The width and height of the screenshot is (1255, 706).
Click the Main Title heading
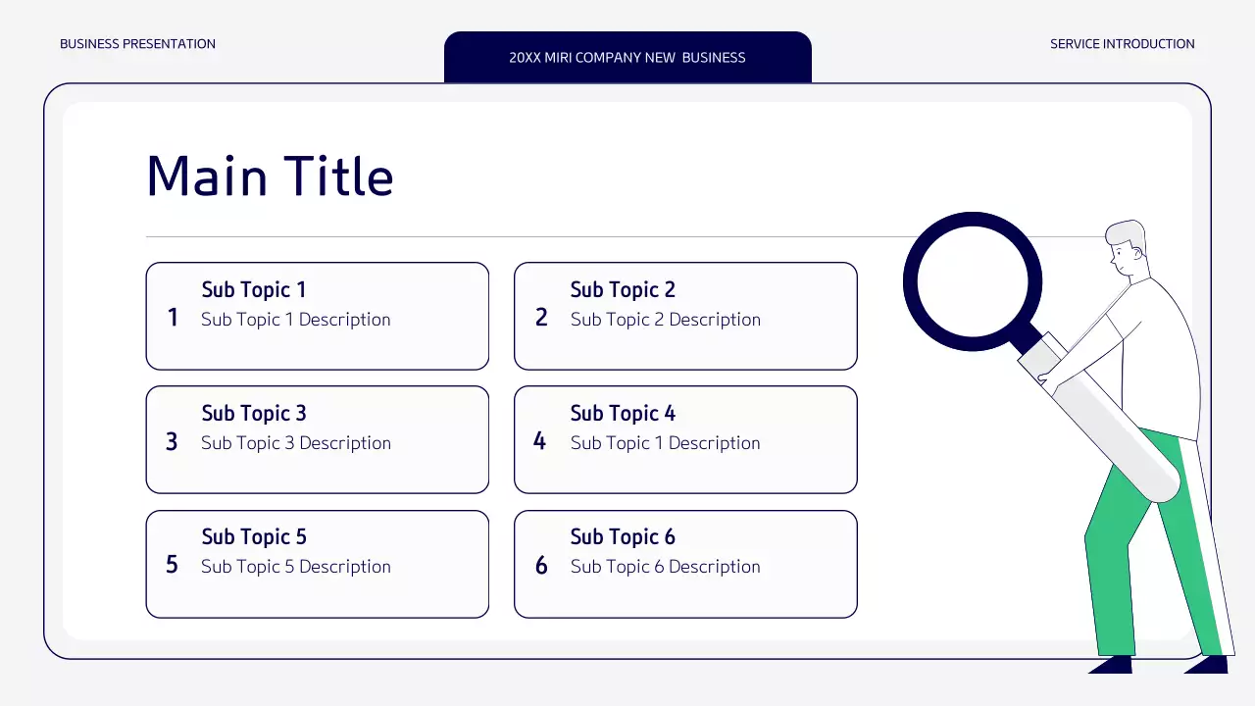click(270, 176)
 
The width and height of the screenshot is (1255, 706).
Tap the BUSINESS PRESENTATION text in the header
click(137, 44)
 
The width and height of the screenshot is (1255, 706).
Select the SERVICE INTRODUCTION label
click(1122, 44)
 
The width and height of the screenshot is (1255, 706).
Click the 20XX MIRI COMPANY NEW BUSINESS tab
click(627, 57)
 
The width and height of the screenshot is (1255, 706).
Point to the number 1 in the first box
click(173, 318)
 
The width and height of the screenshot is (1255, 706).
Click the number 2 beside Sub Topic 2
click(541, 318)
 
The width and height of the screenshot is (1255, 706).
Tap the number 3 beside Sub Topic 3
click(172, 441)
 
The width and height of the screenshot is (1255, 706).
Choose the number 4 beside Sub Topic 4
click(539, 441)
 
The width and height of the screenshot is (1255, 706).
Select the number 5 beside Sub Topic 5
click(172, 565)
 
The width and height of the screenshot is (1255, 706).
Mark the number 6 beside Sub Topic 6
click(541, 565)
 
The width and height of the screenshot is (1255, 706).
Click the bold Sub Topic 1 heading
click(254, 290)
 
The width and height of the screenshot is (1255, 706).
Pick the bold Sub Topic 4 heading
click(623, 414)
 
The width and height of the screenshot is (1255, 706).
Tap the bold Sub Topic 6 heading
click(623, 537)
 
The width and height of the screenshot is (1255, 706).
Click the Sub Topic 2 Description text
click(665, 320)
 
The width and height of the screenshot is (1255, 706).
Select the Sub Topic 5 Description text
click(295, 567)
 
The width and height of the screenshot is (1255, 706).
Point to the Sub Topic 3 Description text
click(295, 443)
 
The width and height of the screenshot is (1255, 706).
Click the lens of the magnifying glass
click(972, 281)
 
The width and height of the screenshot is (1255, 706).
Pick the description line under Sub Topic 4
click(665, 443)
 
